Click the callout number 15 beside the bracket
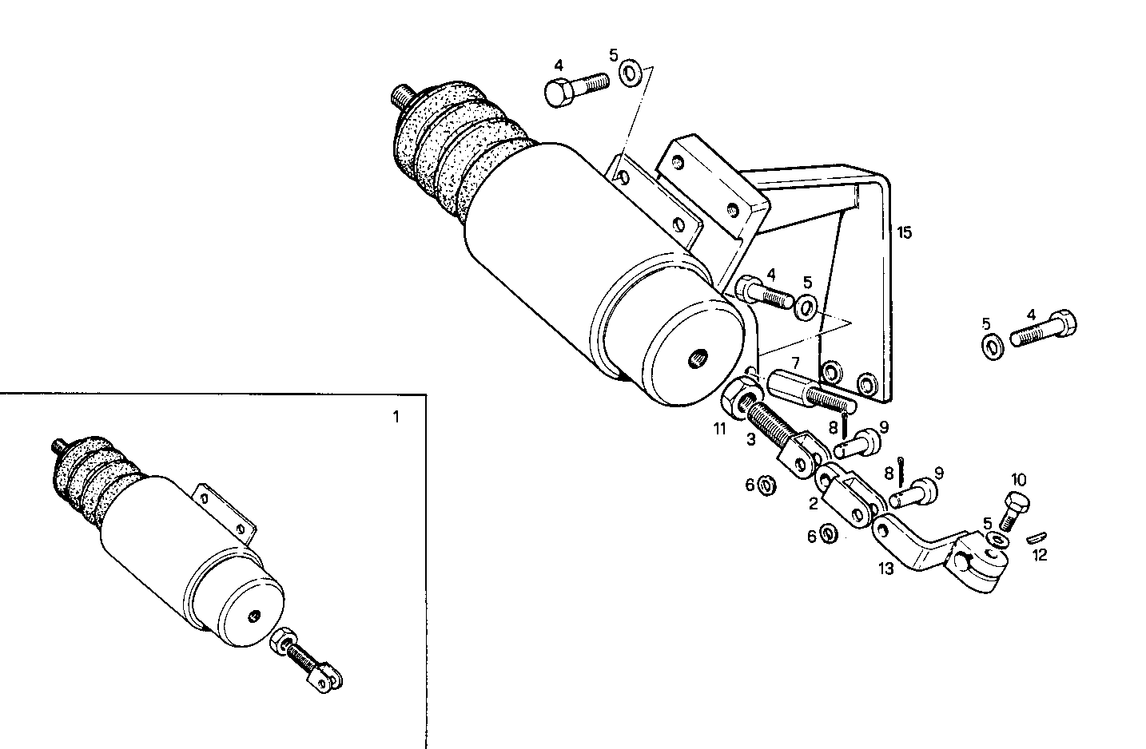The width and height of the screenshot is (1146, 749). tap(904, 233)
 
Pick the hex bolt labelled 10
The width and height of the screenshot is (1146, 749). tap(1013, 509)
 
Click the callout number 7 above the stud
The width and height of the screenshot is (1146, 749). tap(795, 363)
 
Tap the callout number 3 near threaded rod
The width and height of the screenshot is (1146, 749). tap(750, 438)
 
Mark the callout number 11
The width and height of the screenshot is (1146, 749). tap(719, 429)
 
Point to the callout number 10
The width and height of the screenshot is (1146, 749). tap(1018, 480)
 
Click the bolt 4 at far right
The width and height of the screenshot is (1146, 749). tap(1044, 328)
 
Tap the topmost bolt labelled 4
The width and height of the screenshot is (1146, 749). tap(573, 89)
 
